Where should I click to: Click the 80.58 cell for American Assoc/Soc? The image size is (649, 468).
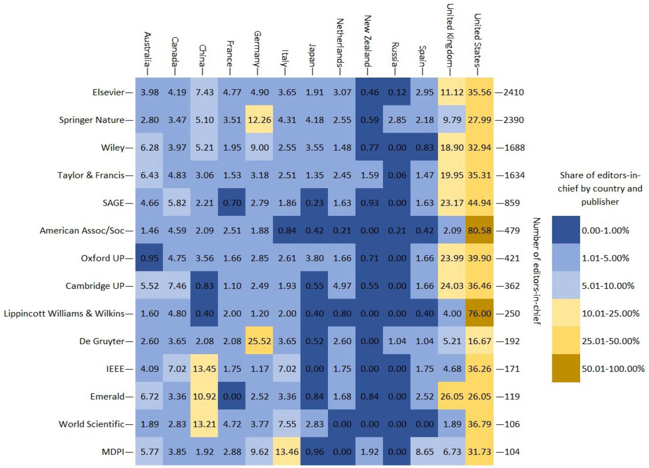coord(480,230)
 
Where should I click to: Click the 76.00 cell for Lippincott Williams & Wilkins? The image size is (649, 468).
coord(480,313)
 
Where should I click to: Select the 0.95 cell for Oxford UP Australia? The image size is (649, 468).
coord(149,258)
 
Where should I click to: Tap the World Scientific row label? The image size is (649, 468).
coord(91,424)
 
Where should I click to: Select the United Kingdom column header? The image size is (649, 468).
coord(450,35)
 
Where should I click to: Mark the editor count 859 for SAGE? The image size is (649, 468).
coord(509,203)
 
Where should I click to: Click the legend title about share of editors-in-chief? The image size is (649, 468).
coord(600,188)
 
